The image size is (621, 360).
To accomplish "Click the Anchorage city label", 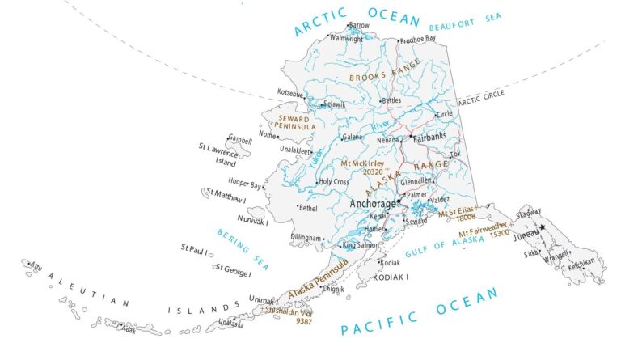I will pos(372,205).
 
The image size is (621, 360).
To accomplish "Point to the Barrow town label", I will pos(358,26).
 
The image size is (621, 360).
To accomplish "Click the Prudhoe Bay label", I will pos(419,38).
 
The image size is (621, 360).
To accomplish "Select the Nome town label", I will pos(266,134).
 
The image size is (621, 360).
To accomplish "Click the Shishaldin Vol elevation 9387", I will pos(304,321).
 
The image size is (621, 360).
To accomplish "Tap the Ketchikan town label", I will pos(586,261).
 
